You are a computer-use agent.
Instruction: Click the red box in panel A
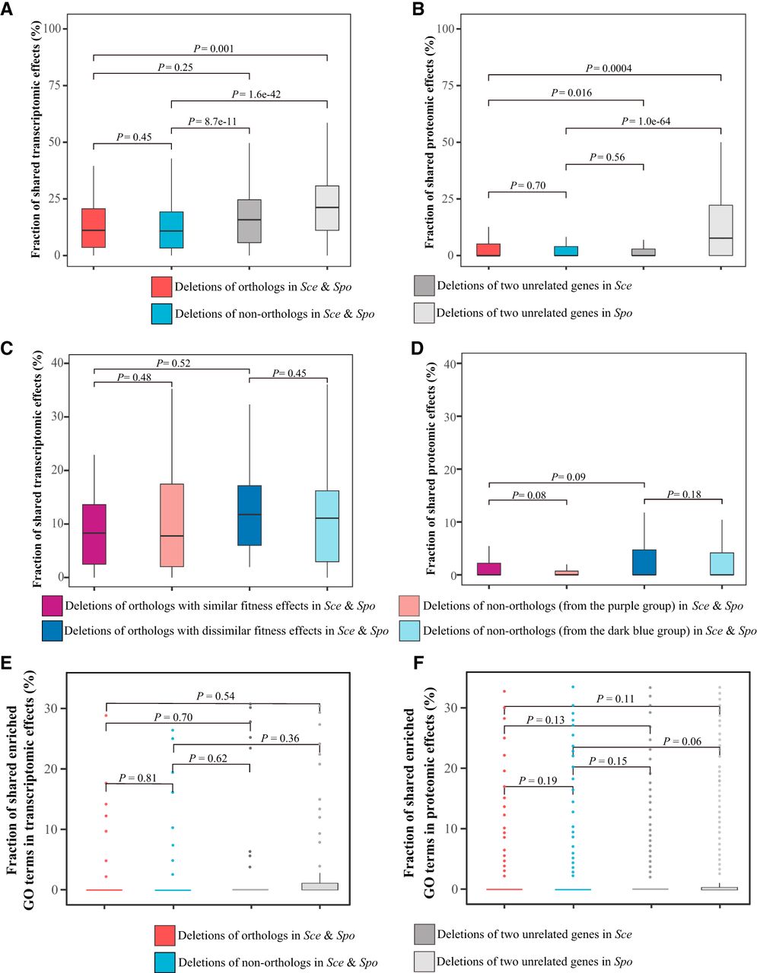tap(94, 227)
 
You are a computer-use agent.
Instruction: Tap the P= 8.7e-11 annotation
tap(210, 121)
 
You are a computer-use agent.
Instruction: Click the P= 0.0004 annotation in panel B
tap(609, 68)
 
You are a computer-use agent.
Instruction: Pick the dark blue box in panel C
tap(250, 515)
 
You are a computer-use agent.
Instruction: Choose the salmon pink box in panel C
tap(172, 525)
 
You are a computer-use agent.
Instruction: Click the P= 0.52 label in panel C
tap(173, 363)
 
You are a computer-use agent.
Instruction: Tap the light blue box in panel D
tap(721, 563)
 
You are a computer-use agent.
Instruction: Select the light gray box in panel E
tap(319, 886)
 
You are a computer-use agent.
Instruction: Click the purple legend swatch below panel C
tap(52, 606)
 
